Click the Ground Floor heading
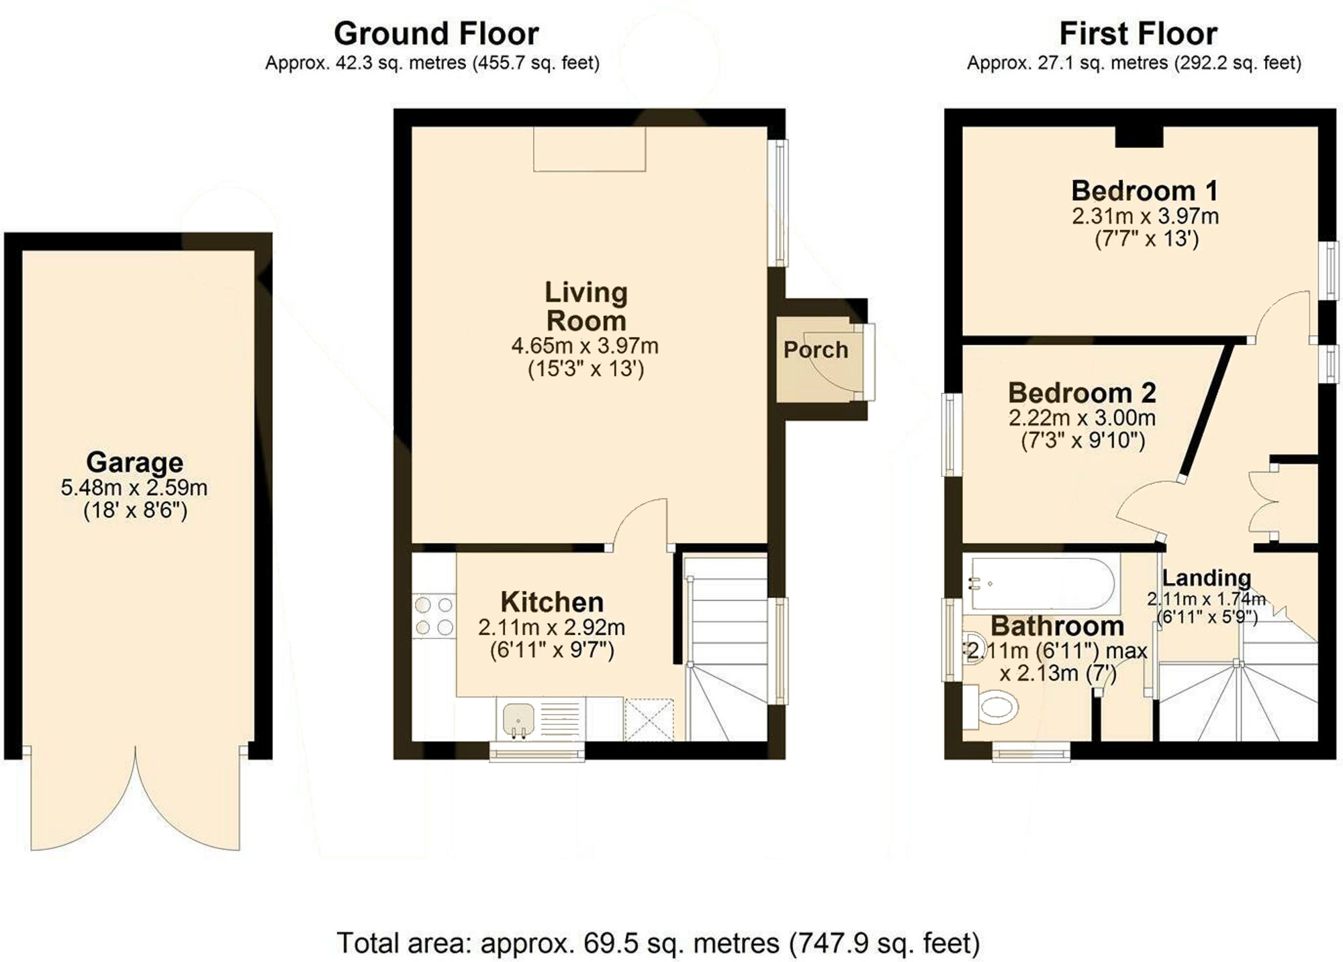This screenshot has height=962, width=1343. (436, 34)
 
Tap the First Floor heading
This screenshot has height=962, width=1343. (1138, 34)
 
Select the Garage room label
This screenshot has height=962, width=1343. (134, 462)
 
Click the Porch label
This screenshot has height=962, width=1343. (815, 350)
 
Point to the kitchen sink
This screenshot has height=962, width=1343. (518, 718)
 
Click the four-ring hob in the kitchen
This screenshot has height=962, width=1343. (434, 615)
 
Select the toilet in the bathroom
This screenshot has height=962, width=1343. (994, 707)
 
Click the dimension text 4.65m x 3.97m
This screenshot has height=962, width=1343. (585, 347)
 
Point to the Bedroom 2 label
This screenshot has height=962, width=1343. (1082, 392)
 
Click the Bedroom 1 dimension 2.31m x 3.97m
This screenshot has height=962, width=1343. (1145, 216)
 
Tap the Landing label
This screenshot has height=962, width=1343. (1206, 577)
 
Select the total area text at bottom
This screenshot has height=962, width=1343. (657, 943)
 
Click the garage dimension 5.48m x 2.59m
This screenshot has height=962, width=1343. (134, 488)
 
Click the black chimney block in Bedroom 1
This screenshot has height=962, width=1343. (1139, 137)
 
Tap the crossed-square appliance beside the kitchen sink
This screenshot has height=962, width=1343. (649, 719)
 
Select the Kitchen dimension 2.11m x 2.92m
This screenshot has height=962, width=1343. (551, 627)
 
